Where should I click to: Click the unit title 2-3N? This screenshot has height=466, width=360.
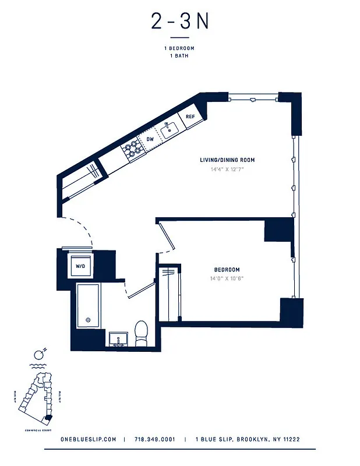(x=179, y=22)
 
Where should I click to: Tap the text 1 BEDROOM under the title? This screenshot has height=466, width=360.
(x=179, y=48)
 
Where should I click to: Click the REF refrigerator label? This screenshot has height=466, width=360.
(x=190, y=116)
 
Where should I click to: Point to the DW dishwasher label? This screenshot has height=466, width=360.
(x=150, y=139)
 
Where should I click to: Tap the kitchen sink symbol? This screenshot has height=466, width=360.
(x=170, y=128)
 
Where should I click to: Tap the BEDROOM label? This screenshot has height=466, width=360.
(x=227, y=270)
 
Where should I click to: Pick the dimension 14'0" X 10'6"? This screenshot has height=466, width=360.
(x=227, y=278)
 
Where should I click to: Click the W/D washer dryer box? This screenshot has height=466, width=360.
(x=80, y=266)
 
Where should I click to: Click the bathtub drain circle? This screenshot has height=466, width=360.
(x=88, y=320)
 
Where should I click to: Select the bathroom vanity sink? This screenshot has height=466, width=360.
(x=119, y=339)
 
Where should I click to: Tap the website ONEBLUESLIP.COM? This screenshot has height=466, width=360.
(x=89, y=439)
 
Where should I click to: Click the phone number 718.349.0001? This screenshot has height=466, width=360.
(x=154, y=439)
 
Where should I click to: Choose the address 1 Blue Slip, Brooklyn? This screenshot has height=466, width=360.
(x=247, y=439)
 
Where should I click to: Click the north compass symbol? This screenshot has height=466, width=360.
(x=40, y=354)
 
